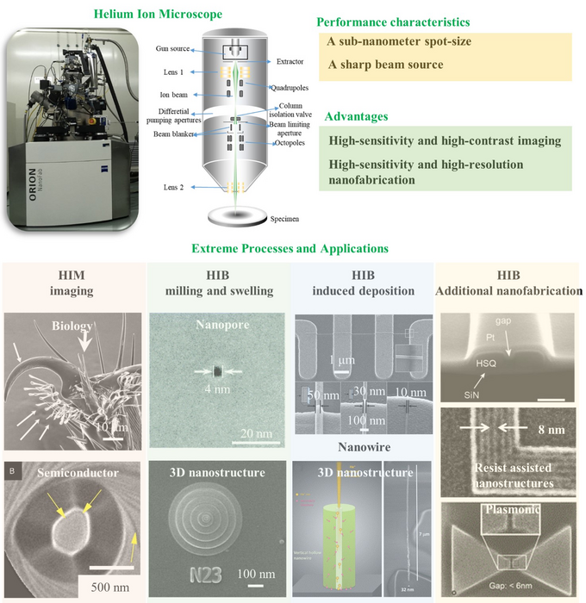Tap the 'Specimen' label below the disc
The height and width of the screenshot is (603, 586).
[x=259, y=220]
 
